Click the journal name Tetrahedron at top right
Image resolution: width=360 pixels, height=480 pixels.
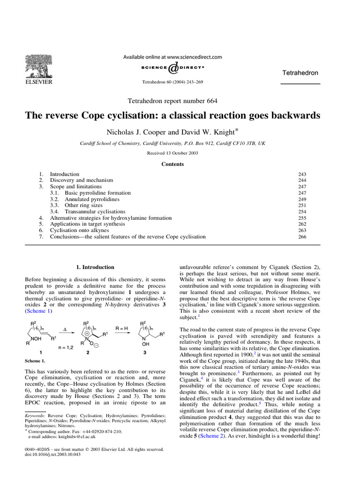point(300,73)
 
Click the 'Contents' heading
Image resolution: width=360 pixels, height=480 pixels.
point(172,164)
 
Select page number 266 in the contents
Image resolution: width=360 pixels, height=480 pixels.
point(303,237)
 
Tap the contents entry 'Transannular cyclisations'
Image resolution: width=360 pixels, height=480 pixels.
point(95,212)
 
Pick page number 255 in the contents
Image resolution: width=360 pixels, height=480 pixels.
point(303,218)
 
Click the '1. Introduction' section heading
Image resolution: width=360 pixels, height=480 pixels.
point(95,267)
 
